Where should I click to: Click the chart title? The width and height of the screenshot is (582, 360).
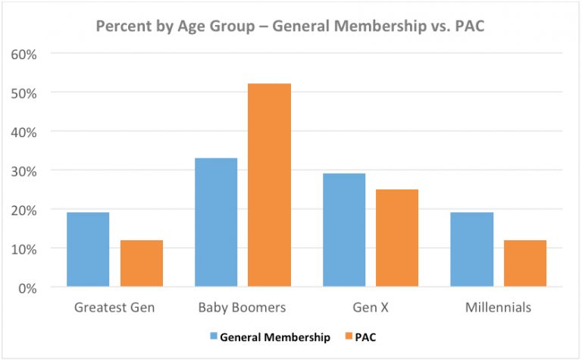[x=291, y=26]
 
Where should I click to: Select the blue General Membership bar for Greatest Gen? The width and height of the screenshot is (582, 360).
[x=88, y=249]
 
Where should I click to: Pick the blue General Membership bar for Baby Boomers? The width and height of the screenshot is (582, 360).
[x=216, y=222]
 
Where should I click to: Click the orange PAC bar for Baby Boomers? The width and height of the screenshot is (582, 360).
[x=269, y=185]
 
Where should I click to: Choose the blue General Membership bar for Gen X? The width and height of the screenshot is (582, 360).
[x=344, y=230]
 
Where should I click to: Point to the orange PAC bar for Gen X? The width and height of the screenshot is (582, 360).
[x=397, y=238]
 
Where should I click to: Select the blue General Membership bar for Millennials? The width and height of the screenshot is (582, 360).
[x=472, y=249]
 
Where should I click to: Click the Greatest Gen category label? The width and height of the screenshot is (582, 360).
[x=114, y=308]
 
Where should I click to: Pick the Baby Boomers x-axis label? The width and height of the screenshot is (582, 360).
[x=242, y=308]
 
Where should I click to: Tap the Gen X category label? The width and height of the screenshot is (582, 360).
[x=371, y=308]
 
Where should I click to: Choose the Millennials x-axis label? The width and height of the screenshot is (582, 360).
[x=499, y=308]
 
